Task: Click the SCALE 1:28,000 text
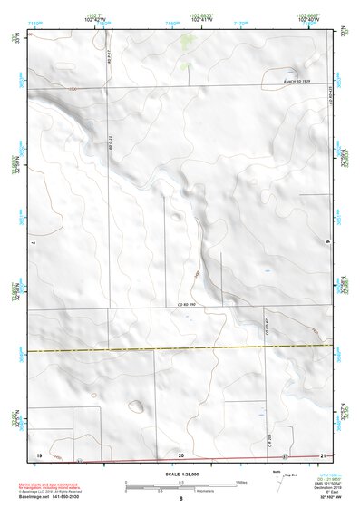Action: [x=181, y=474]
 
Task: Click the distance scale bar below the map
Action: [x=181, y=484]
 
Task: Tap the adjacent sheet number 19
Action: [x=39, y=453]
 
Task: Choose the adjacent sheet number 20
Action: [x=181, y=454]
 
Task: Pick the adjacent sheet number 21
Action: [x=323, y=454]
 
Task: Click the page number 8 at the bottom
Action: [x=181, y=499]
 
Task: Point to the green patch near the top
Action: [x=188, y=40]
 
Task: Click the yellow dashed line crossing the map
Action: [x=181, y=349]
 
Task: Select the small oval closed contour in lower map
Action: [x=136, y=406]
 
